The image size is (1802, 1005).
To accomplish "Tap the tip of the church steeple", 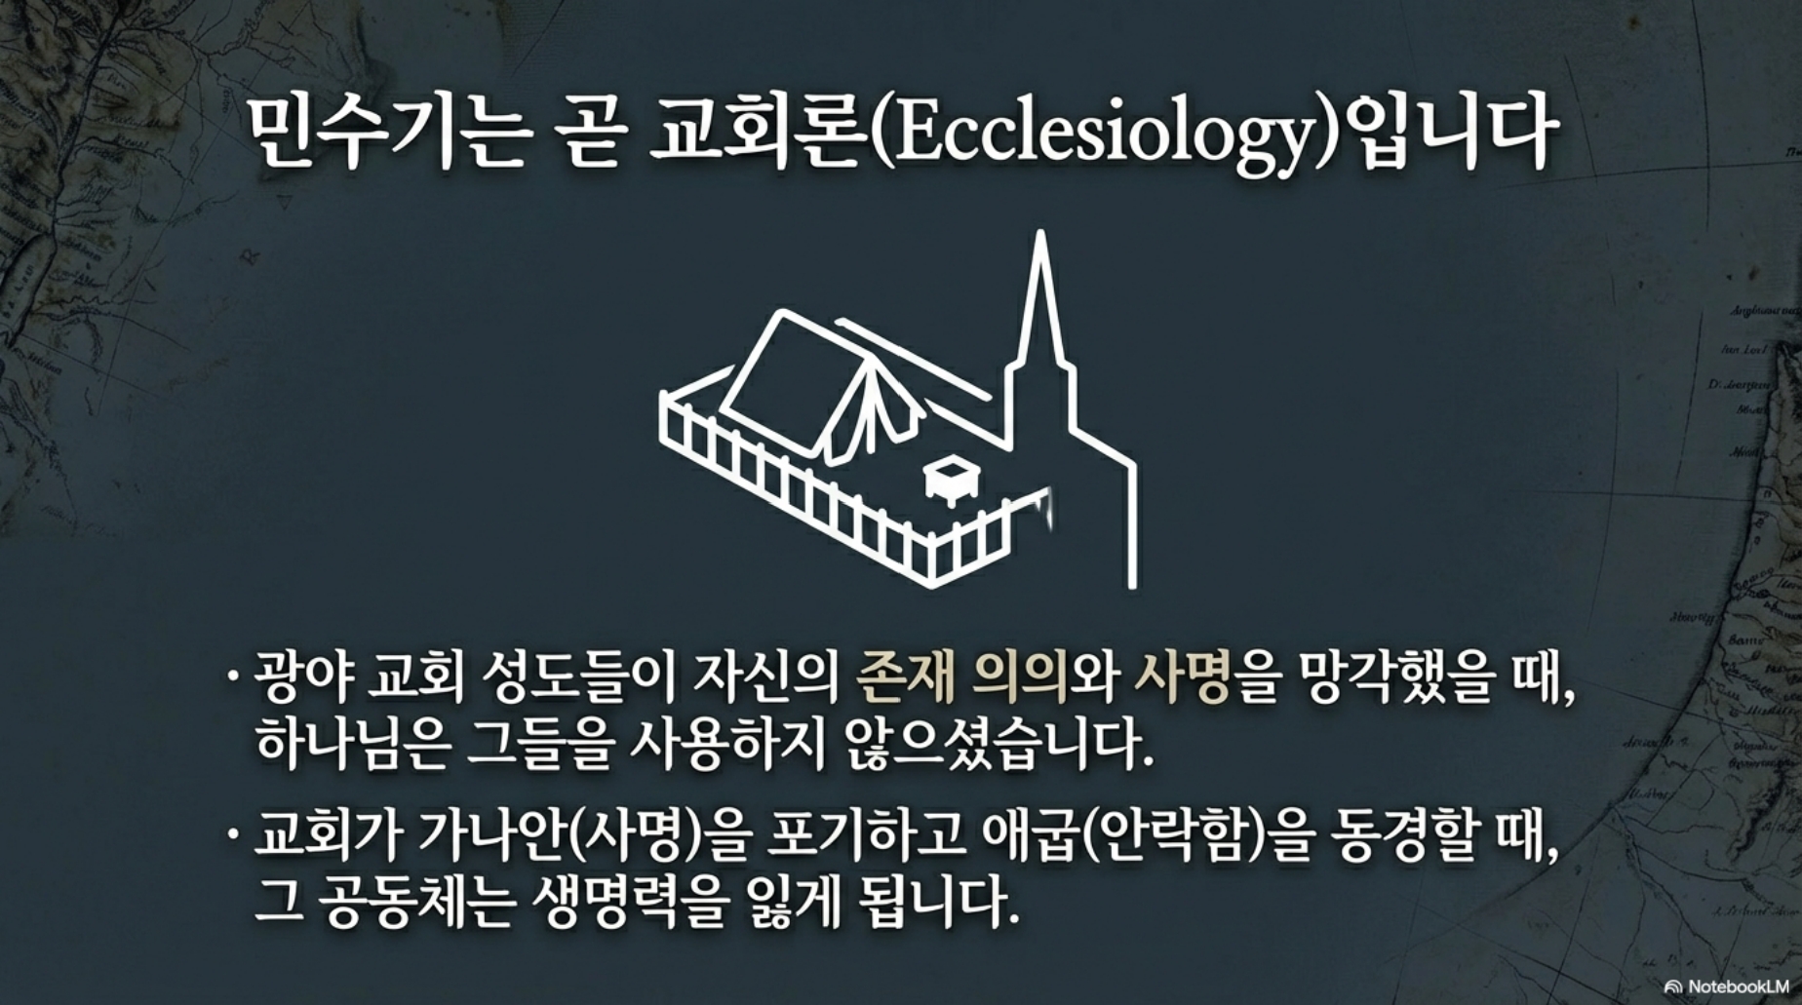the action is click(1041, 233).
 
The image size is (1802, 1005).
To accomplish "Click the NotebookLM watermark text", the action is click(1739, 986).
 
